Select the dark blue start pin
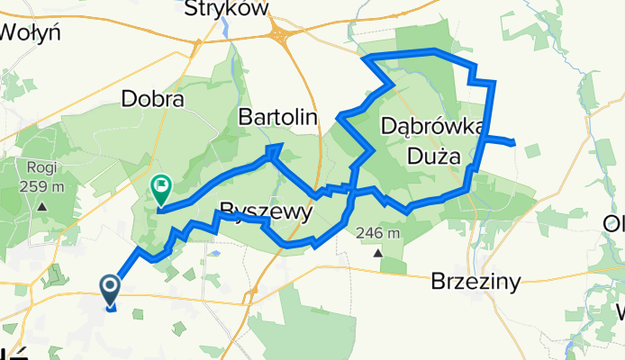point(111,290)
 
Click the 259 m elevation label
point(42,187)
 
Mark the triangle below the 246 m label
point(378,252)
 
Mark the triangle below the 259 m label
point(42,206)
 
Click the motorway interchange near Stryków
point(285,37)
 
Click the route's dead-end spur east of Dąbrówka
point(512,142)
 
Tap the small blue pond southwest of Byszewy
point(215,254)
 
